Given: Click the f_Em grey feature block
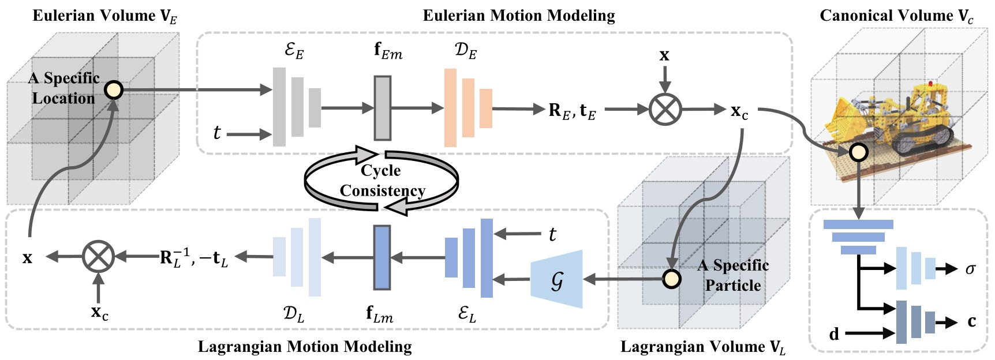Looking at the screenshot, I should [382, 108].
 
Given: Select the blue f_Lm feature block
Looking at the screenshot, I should [381, 257].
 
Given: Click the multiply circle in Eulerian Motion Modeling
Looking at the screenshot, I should [665, 109].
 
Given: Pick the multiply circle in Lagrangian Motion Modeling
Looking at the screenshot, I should [98, 257].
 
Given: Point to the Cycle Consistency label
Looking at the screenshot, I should [381, 181].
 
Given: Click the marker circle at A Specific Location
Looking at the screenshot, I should [114, 90].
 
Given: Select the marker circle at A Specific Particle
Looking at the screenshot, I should [671, 279].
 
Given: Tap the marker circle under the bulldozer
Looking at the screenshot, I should [858, 152].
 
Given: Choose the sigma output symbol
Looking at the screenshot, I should [970, 269].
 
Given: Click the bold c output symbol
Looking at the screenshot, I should [971, 321].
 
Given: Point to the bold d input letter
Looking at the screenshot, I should [834, 333].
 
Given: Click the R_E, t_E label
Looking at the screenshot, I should [571, 110].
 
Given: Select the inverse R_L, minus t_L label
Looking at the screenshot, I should [194, 257].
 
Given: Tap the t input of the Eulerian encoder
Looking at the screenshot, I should [217, 133].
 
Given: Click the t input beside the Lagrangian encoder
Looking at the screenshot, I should [552, 234].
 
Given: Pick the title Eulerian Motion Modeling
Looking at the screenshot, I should [518, 16].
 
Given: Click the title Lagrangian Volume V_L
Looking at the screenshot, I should [702, 347].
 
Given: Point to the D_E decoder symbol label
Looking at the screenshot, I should [465, 51].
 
